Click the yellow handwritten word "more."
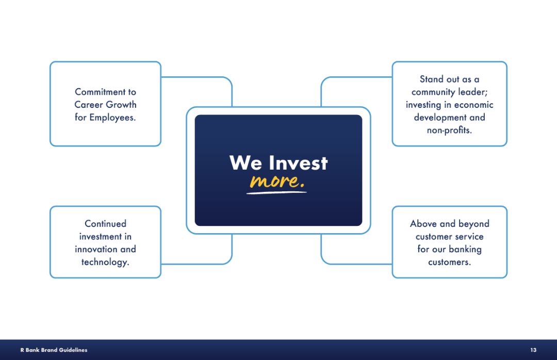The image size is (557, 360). point(277,181)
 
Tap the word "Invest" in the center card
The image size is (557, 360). point(298,163)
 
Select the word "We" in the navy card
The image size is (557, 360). point(246,163)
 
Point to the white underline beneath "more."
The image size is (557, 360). point(276,192)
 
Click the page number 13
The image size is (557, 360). point(533,350)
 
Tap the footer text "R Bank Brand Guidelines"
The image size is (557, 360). point(54,350)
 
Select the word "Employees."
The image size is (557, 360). point(112,118)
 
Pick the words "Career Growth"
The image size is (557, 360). point(106,105)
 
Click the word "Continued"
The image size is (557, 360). point(106,224)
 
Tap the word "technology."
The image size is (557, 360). point(105,263)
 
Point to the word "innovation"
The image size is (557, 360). point(96,249)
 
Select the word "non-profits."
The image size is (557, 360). point(449,130)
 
